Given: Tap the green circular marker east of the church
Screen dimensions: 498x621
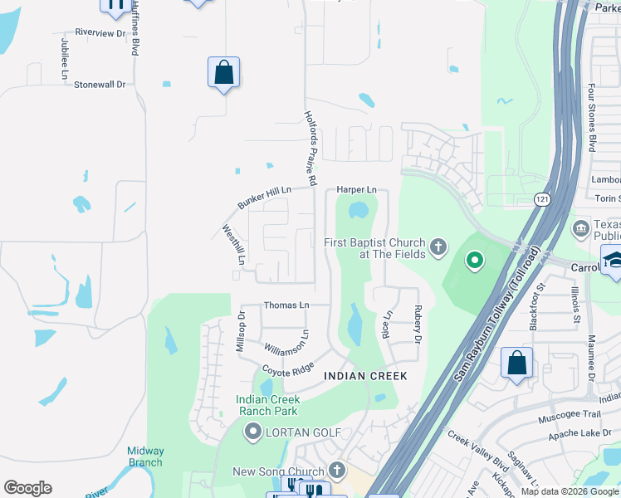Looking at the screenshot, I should tap(475, 261).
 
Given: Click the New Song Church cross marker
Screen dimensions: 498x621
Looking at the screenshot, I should tap(335, 471).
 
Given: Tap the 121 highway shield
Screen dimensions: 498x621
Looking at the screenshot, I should tap(540, 199).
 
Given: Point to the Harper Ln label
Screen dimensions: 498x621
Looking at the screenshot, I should tap(356, 190).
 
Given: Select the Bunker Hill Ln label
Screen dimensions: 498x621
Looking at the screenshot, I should tap(264, 198).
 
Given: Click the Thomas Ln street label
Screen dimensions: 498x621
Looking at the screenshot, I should tap(286, 305).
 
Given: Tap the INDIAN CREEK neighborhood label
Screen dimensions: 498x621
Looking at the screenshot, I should tap(365, 376).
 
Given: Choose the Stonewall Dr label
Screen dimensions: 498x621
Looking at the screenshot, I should tap(99, 85).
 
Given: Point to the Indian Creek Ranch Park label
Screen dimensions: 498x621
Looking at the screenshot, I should tap(267, 405).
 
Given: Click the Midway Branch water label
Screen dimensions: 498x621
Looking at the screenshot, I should tap(145, 456).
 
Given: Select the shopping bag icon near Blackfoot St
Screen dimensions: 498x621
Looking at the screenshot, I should tap(516, 364).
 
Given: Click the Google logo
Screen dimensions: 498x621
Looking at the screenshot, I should tap(27, 488).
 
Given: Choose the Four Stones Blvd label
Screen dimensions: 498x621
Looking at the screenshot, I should tap(592, 116).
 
